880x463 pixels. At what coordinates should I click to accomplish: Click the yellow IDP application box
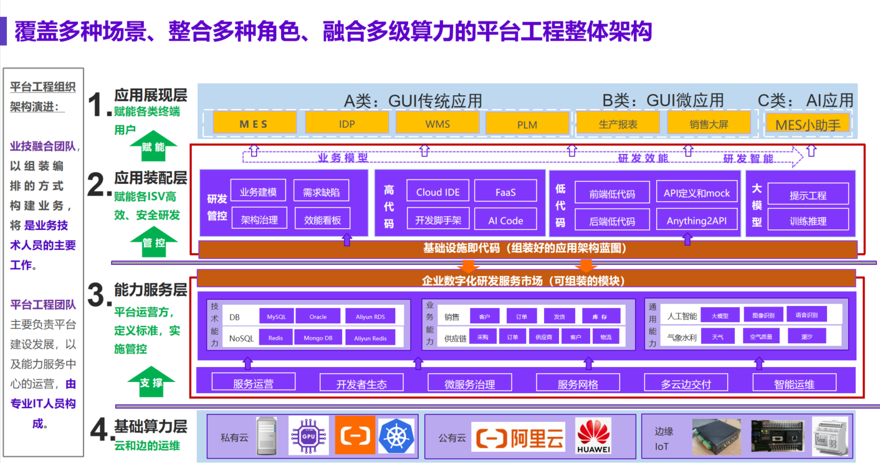[x=347, y=123]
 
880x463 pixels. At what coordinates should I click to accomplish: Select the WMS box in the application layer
[x=438, y=123]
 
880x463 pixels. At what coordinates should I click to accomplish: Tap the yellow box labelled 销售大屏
[x=709, y=123]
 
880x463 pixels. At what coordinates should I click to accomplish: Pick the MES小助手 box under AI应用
[x=808, y=124]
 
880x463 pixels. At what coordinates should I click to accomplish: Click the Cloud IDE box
[x=438, y=192]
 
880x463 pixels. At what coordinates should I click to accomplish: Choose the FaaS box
[x=505, y=192]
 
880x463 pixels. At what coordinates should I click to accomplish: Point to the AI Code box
[x=505, y=220]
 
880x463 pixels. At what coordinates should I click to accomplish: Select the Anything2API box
[x=697, y=220]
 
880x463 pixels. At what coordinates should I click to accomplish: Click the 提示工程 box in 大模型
[x=808, y=194]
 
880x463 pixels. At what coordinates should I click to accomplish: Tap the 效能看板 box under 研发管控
[x=322, y=219]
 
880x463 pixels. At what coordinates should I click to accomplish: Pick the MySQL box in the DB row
[x=276, y=317]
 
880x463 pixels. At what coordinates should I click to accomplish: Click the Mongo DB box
[x=318, y=338]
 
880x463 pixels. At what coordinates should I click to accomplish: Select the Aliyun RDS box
[x=370, y=317]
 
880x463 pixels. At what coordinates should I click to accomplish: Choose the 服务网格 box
[x=578, y=383]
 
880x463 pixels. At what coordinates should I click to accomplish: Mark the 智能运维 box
[x=794, y=383]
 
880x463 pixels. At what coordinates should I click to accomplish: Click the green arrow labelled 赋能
[x=153, y=146]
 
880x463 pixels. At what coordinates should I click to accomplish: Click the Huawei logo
[x=593, y=435]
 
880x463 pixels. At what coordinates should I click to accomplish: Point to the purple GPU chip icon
[x=308, y=435]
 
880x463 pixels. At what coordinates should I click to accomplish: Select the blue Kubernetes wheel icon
[x=396, y=435]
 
